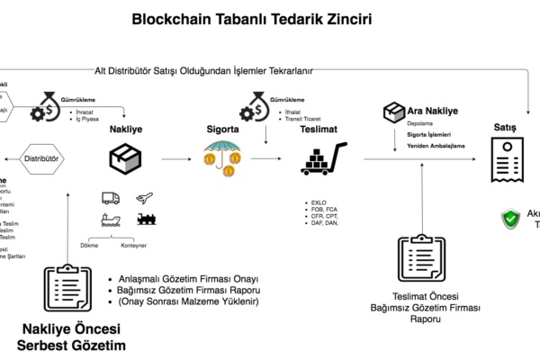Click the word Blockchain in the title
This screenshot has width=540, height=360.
(x=170, y=18)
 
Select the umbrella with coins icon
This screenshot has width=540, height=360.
(x=221, y=159)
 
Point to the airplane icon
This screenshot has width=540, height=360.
(x=144, y=198)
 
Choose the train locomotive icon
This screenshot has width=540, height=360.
(x=145, y=219)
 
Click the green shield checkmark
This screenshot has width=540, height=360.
(x=510, y=218)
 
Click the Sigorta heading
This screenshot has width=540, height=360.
(x=222, y=130)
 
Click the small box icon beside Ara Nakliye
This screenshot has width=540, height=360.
(x=392, y=112)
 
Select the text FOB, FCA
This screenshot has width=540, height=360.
(x=320, y=209)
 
